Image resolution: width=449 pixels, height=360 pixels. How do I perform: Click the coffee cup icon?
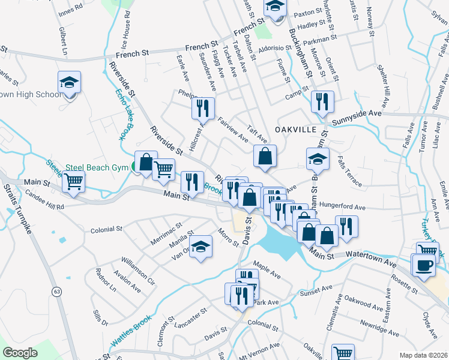tap(424, 265)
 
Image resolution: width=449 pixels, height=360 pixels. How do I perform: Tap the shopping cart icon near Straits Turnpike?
tap(74, 181)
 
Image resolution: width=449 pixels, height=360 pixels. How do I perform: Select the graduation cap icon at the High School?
tap(69, 82)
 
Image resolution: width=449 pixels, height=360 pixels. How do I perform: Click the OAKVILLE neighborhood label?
tap(295, 130)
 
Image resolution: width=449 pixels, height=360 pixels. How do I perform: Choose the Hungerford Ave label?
tap(342, 207)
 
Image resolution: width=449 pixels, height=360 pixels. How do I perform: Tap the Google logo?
tap(20, 353)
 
